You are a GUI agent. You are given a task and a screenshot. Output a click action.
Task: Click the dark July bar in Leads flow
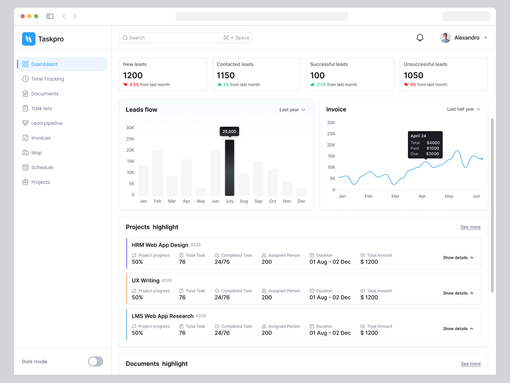coord(229,168)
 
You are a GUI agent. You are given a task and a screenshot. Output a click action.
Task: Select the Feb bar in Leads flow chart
coord(157,173)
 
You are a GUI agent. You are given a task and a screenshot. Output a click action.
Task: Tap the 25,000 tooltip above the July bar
coord(229,131)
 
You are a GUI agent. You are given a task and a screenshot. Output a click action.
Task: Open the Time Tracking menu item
coord(47,79)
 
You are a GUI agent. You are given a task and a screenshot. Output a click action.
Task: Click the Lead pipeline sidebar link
coord(47,123)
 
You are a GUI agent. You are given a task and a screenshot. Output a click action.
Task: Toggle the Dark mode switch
coord(95,361)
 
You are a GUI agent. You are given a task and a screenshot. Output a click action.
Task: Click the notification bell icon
coord(420,38)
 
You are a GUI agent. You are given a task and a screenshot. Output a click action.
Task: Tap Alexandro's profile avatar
coord(445,38)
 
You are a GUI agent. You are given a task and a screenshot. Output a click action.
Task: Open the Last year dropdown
coord(292,109)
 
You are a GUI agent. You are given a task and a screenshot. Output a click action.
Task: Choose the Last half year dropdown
coord(463,109)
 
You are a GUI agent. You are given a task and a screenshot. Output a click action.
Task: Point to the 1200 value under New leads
coord(133,75)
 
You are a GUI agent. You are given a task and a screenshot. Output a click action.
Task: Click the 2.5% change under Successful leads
coord(321,85)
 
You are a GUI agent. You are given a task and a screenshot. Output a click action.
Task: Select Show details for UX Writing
coord(458,293)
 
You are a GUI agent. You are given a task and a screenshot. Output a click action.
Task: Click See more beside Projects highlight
coord(470,227)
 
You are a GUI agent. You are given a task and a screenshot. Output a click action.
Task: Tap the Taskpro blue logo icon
coord(29,39)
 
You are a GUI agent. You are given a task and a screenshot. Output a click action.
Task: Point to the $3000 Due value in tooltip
coord(433,154)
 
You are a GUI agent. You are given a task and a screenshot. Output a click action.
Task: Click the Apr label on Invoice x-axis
coord(422,196)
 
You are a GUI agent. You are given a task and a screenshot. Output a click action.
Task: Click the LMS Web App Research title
coord(163,316)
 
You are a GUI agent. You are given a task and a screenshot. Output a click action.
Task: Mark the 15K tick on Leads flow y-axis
coord(130,161)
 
